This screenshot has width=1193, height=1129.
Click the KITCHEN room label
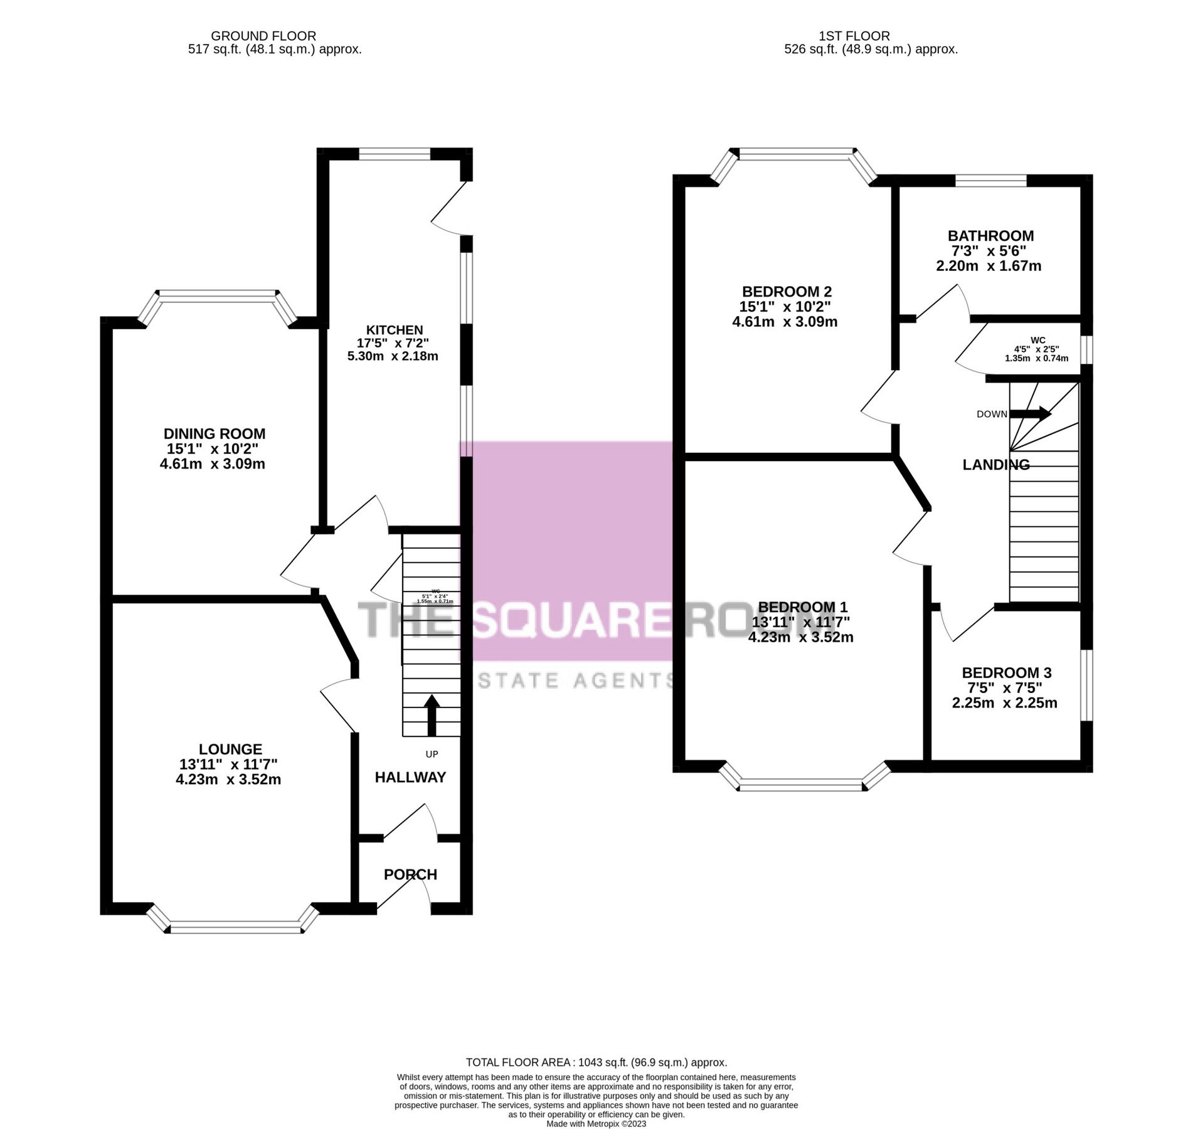coord(395,330)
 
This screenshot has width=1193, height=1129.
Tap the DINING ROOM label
coord(215,433)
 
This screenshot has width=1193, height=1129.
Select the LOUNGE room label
coord(230,749)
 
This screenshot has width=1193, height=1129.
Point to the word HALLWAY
coord(410,777)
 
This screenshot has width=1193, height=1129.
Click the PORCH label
coord(410,874)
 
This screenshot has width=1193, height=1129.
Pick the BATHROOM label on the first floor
coord(990,236)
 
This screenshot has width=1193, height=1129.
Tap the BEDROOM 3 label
coord(1007,672)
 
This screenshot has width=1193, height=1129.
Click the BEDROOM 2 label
coord(787,291)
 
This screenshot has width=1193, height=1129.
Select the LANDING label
coord(996,465)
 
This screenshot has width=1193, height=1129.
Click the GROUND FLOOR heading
coord(263,36)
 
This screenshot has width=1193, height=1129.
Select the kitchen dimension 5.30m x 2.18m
coord(393,356)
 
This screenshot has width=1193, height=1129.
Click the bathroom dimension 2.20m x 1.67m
coord(989,266)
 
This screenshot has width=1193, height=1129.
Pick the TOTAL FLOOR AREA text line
coord(596,1063)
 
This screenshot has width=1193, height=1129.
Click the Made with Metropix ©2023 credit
coord(596,1124)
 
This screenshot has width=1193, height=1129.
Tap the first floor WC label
coord(1038,340)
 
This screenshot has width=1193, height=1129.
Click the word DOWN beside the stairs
coord(992,414)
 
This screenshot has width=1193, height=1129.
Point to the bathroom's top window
coord(990,181)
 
